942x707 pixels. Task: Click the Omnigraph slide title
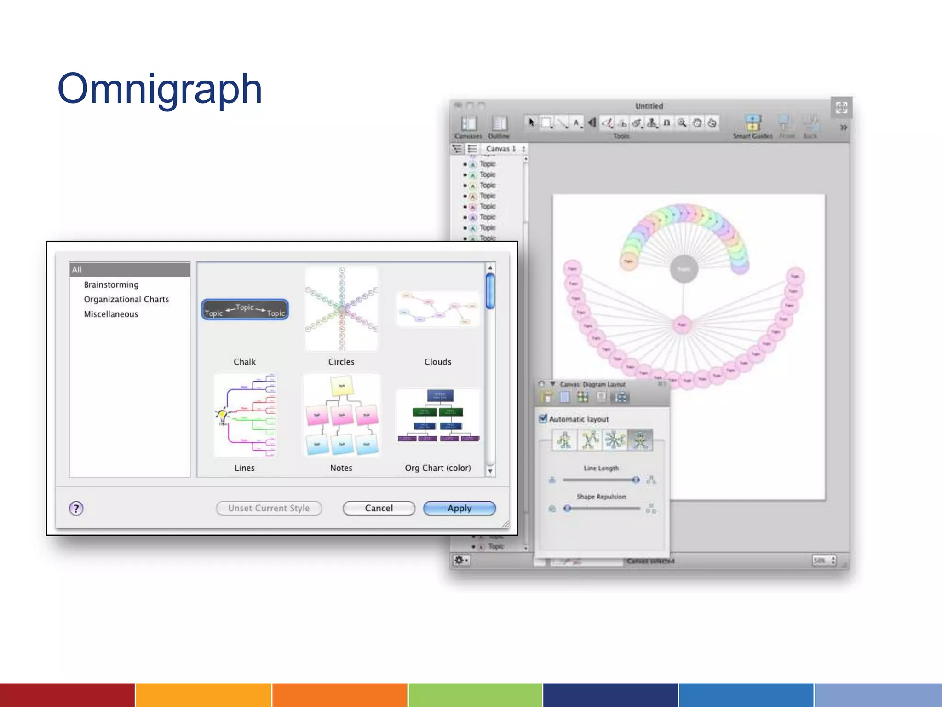coord(160,89)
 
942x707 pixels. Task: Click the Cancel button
coord(379,508)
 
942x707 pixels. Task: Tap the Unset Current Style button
coord(269,508)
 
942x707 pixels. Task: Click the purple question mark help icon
coord(76,509)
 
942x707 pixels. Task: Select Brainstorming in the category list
coord(111,284)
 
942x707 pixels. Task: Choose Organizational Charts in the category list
coord(126,299)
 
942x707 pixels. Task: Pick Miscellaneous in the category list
coord(111,314)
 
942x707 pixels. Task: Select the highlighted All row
coord(130,270)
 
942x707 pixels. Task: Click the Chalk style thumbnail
coord(245,309)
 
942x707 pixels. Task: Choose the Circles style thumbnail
coord(341,309)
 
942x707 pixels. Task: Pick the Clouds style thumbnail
coord(437,309)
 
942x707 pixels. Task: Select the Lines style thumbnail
coord(245,415)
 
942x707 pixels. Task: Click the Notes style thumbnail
coord(341,415)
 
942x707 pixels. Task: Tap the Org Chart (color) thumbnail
coord(438,416)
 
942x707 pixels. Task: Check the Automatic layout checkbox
coord(543,419)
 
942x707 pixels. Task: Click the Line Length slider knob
coord(636,480)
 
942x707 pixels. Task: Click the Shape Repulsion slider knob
coord(568,509)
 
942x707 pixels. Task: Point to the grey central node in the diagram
coord(684,269)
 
